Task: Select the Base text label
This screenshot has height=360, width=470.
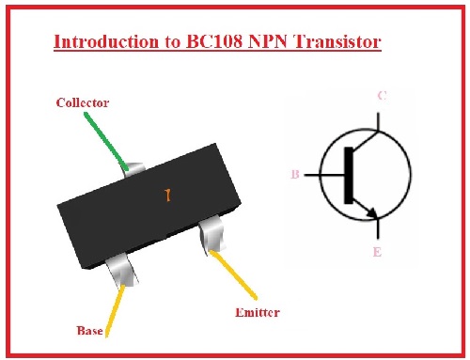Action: (91, 331)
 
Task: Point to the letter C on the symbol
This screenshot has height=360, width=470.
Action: (380, 95)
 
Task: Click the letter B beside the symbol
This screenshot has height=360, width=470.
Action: (296, 175)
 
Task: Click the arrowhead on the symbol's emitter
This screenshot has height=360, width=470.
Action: (372, 213)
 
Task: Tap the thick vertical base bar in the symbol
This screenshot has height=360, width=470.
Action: (350, 175)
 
